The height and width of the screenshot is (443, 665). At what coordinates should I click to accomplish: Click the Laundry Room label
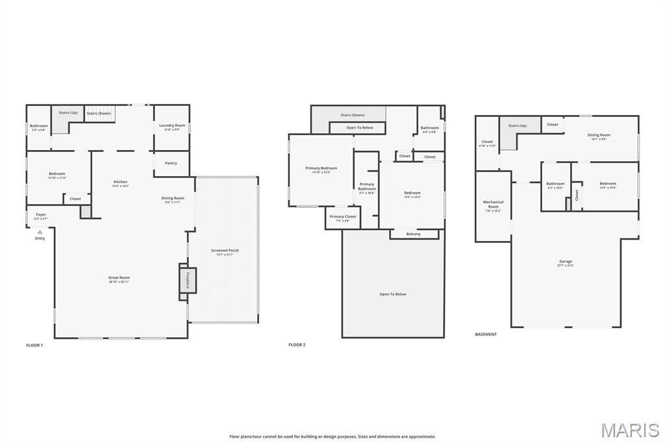[x=172, y=125]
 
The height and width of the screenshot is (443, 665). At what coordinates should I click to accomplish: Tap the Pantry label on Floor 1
[x=171, y=163]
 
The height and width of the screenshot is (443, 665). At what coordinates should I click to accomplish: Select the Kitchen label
[x=121, y=182]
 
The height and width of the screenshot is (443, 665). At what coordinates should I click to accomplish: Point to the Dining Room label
[x=173, y=198]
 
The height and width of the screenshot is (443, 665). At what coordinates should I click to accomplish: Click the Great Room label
[x=119, y=278]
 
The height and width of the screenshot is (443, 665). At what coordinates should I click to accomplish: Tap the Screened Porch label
[x=225, y=251]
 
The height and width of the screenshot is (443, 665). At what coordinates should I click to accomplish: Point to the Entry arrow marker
[x=40, y=232]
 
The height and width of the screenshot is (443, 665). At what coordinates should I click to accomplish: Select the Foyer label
[x=41, y=215]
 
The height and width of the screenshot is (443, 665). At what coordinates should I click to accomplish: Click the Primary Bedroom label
[x=321, y=168]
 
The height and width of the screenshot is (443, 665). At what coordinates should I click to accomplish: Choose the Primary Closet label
[x=342, y=217]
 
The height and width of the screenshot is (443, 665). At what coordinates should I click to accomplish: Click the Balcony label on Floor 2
[x=413, y=234]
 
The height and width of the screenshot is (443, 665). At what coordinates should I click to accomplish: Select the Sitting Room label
[x=599, y=135]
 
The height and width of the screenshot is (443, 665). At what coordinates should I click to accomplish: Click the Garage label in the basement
[x=566, y=262]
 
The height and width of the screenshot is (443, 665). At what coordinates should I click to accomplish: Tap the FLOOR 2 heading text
[x=297, y=345]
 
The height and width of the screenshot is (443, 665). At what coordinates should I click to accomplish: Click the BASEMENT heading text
[x=486, y=335]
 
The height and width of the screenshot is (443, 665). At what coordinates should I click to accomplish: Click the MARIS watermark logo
[x=629, y=430]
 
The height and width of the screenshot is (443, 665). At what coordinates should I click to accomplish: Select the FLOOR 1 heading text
[x=34, y=345]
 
